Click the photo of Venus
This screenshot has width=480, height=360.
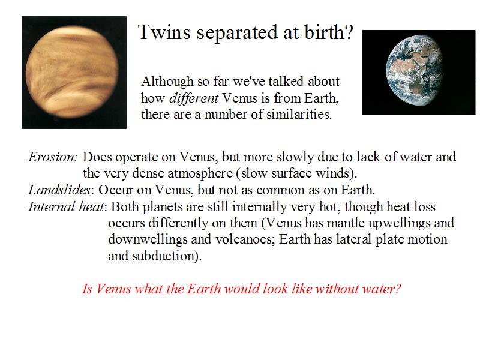[x=74, y=73]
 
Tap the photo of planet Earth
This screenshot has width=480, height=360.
[x=419, y=73]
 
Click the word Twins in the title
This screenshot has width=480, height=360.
[x=164, y=32]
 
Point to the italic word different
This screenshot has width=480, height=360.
[x=194, y=98]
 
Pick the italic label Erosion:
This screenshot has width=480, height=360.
[x=53, y=157]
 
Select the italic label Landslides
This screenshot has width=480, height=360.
[x=59, y=190]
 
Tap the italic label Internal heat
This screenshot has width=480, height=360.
[x=66, y=206]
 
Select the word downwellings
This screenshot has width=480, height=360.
[x=148, y=239]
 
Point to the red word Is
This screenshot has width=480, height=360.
[x=87, y=289]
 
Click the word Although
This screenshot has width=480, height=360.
[x=167, y=82]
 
